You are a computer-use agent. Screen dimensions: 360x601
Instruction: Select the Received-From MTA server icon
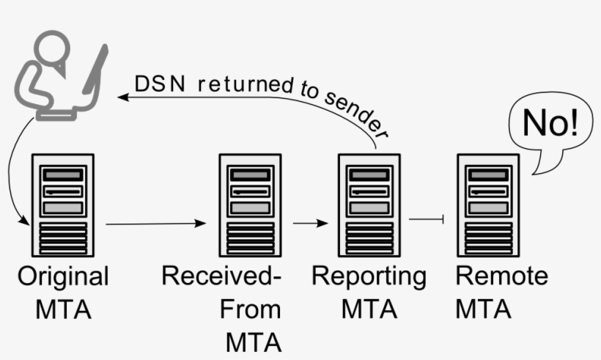[250, 205]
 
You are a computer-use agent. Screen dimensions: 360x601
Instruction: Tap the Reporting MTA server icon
[368, 205]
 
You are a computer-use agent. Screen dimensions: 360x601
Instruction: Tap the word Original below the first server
[63, 277]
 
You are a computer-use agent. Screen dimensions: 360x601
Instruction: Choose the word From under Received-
[250, 309]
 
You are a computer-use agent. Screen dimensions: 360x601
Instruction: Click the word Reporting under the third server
[368, 277]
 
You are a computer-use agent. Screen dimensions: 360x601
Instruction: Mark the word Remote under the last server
[501, 277]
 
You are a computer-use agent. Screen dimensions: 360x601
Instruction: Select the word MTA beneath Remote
[483, 309]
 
